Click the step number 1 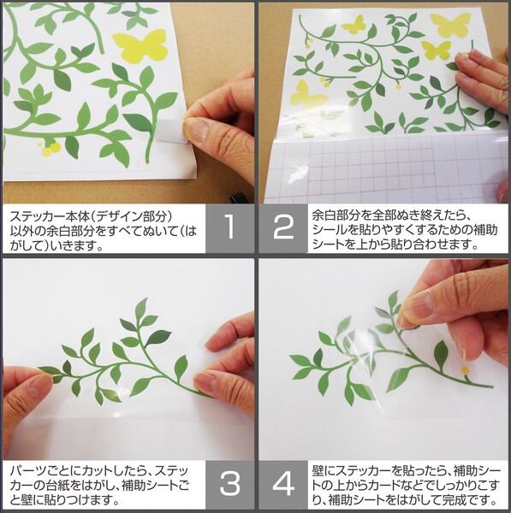(230, 227)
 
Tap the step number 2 (283, 227)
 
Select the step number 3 (230, 483)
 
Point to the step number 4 (283, 483)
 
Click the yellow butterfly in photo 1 (140, 46)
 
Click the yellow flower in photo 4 (465, 370)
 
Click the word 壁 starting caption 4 (318, 471)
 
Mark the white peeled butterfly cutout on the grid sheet (298, 173)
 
